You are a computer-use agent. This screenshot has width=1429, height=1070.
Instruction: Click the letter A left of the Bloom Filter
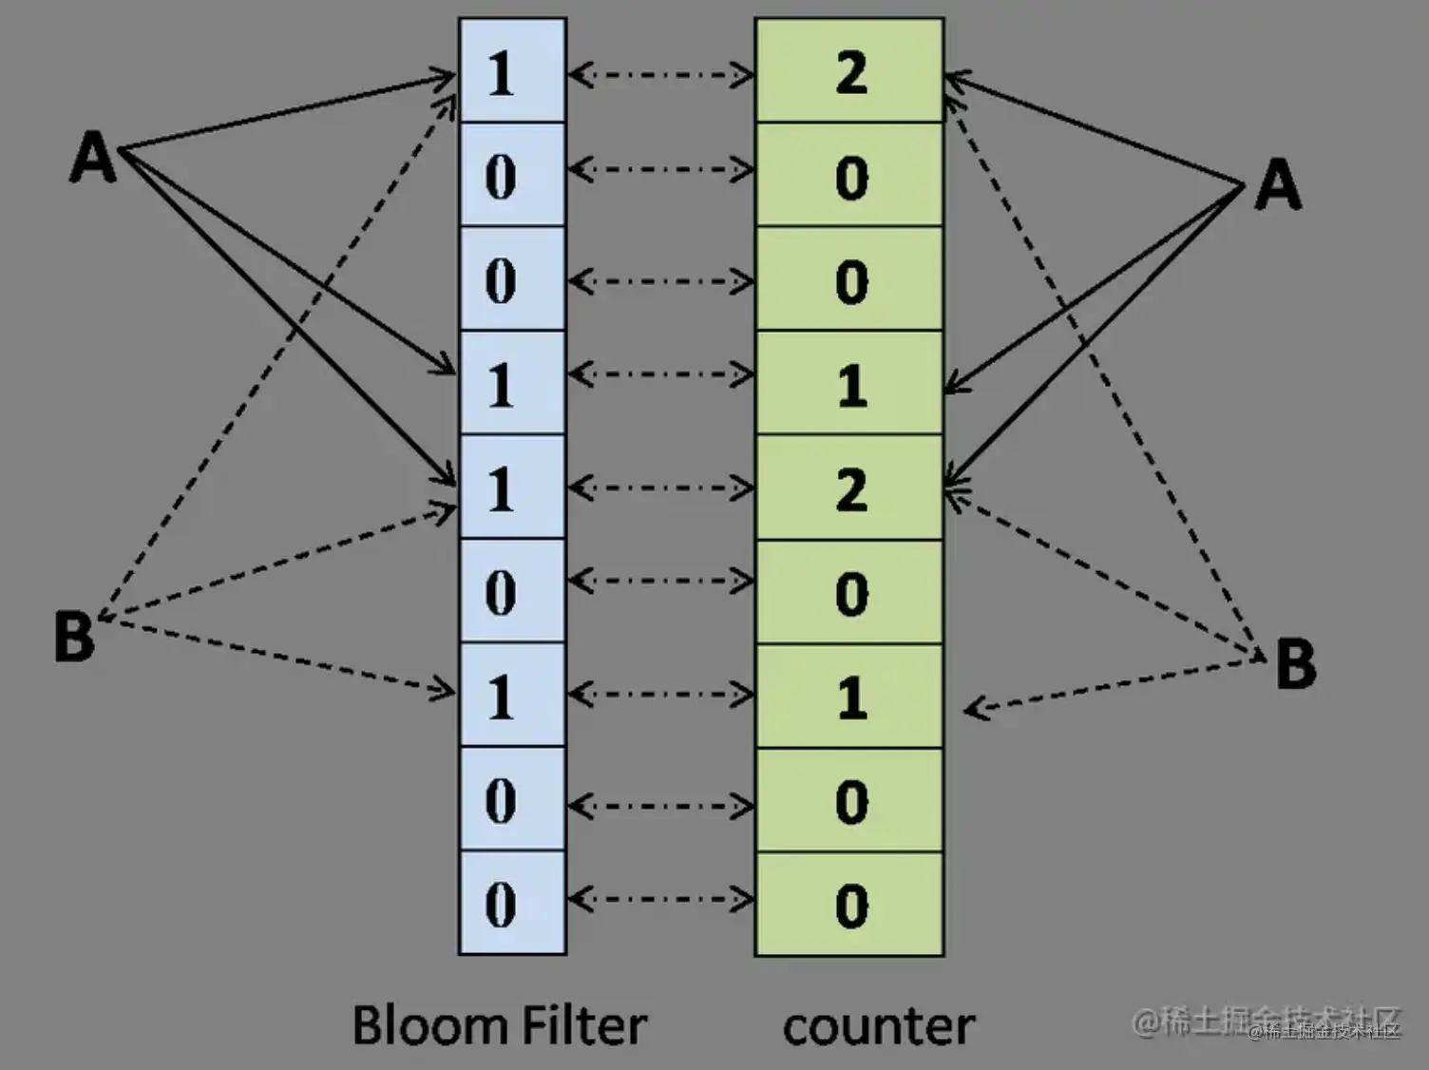coord(93,157)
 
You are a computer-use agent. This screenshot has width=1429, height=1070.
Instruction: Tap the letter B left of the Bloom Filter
coord(74,636)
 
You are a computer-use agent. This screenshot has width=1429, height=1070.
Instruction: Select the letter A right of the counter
coord(1278,183)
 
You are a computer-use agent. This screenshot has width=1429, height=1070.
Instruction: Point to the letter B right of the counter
coord(1295,662)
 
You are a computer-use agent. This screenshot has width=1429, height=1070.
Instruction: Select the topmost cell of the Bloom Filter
coord(512,71)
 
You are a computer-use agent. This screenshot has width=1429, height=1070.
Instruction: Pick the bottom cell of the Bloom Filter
coord(512,903)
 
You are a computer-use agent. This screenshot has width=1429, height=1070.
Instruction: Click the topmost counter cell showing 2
coord(849,71)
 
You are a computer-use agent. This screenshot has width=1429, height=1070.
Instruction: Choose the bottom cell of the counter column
coord(849,904)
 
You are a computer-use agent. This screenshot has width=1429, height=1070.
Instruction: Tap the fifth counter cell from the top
coord(849,488)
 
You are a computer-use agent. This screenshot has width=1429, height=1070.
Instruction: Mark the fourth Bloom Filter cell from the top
coord(512,384)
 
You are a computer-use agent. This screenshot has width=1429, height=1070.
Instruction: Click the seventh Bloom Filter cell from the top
coord(512,696)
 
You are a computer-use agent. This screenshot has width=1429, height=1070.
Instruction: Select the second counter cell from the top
coord(849,176)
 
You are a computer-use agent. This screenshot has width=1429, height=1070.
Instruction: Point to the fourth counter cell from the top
coord(849,384)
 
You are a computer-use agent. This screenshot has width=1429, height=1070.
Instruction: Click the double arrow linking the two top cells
coord(660,74)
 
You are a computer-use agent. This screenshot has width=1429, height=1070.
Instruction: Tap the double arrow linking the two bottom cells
coord(660,899)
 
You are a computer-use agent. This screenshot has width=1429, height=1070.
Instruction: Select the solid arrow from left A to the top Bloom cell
coord(285,112)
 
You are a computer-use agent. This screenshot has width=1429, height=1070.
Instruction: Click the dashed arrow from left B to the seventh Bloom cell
coord(276,655)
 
